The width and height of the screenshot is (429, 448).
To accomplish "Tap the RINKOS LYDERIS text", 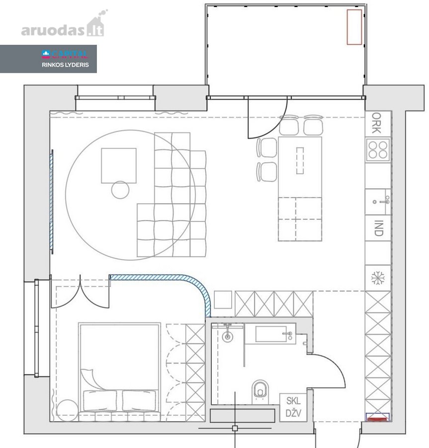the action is click(x=65, y=65).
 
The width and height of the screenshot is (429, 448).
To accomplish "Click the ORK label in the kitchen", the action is click(x=376, y=123).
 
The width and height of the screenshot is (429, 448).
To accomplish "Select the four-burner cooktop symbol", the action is click(x=378, y=150).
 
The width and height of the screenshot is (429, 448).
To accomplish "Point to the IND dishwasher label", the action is click(x=378, y=228).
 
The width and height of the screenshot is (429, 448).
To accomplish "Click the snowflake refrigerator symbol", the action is click(x=378, y=278).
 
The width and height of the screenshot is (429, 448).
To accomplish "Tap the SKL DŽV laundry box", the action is click(x=293, y=407).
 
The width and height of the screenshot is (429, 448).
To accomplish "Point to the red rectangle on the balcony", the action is click(x=354, y=27).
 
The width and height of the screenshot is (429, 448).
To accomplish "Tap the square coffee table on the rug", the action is click(x=119, y=165).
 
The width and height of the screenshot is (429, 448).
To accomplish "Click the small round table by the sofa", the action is click(x=120, y=190).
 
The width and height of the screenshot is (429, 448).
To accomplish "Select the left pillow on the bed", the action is click(x=100, y=401).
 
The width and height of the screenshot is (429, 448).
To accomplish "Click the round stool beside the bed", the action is click(x=67, y=410).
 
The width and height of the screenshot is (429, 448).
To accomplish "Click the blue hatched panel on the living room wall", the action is click(x=51, y=202).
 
